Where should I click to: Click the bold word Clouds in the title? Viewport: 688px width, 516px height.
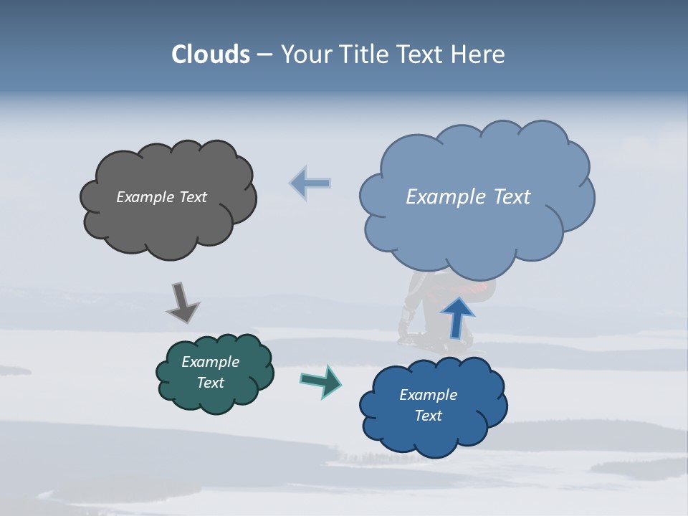click(x=211, y=54)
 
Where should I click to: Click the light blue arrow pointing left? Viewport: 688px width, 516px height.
click(x=310, y=183)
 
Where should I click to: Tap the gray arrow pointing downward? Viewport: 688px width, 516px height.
click(x=182, y=303)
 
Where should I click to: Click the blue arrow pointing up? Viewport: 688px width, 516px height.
click(x=457, y=317)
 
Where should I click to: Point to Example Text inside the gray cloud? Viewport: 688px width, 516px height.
click(x=161, y=197)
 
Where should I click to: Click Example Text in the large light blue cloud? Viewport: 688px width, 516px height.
click(x=468, y=197)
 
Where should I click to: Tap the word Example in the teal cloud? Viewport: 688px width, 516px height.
click(x=210, y=362)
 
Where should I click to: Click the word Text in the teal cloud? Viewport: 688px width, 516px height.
click(x=210, y=383)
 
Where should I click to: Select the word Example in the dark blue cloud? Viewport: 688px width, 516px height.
click(x=428, y=395)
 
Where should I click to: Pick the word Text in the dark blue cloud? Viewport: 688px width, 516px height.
click(x=428, y=416)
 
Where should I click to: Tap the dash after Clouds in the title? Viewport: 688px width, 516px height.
click(x=264, y=55)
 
